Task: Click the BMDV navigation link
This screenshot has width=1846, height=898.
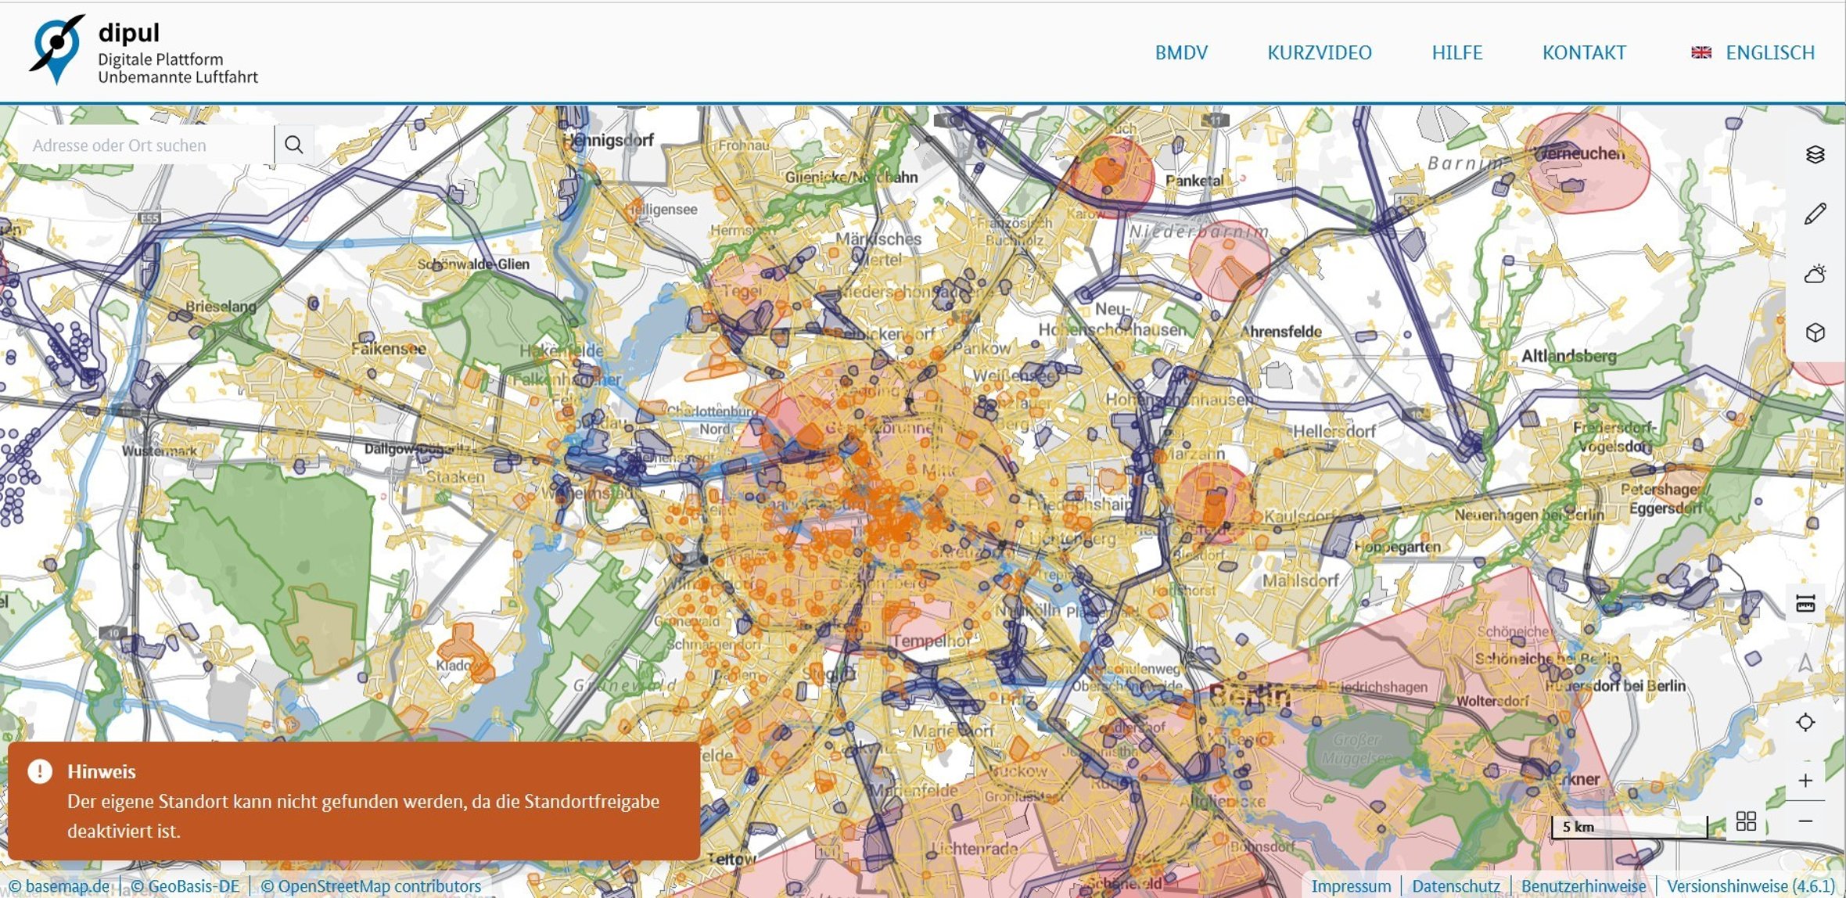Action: pos(1181,52)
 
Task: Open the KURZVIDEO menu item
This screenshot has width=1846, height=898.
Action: pos(1319,52)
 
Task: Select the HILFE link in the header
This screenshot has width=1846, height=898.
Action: pos(1456,52)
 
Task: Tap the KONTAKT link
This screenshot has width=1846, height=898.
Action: pos(1584,52)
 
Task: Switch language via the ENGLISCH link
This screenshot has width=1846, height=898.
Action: pos(1769,52)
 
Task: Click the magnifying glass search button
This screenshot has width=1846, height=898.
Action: pos(293,145)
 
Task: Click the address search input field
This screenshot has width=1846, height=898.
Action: pos(145,145)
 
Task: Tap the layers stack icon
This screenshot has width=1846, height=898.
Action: pos(1815,154)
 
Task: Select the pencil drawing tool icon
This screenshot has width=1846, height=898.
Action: pos(1815,214)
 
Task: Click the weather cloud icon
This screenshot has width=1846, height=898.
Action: pos(1815,274)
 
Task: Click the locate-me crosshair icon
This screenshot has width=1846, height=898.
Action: pos(1805,722)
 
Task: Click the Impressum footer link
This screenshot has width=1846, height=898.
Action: pos(1351,886)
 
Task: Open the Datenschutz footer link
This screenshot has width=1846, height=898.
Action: pos(1456,886)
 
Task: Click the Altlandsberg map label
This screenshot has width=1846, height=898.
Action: pos(1568,356)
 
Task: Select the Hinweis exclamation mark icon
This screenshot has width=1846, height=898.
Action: pos(40,771)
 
